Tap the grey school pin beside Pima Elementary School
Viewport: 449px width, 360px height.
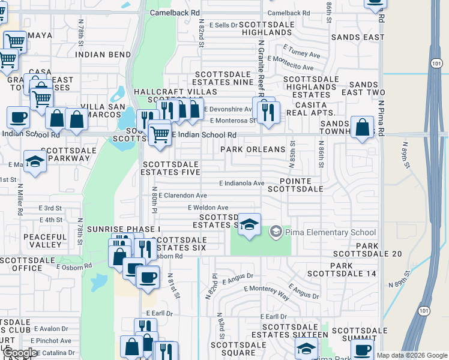click(x=276, y=231)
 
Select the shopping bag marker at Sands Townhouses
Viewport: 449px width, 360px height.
click(x=362, y=128)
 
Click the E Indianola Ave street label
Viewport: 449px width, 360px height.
click(x=242, y=183)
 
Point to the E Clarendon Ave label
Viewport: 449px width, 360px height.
click(x=185, y=196)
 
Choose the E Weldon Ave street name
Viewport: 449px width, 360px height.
click(x=208, y=207)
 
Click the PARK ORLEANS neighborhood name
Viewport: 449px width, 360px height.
click(x=253, y=149)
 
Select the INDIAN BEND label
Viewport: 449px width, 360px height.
click(x=103, y=55)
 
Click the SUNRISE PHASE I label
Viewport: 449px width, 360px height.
click(x=124, y=229)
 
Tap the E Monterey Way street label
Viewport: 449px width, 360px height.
click(x=267, y=289)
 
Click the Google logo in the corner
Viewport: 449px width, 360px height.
click(x=20, y=353)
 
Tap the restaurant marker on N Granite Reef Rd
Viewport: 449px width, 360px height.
click(x=266, y=110)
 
